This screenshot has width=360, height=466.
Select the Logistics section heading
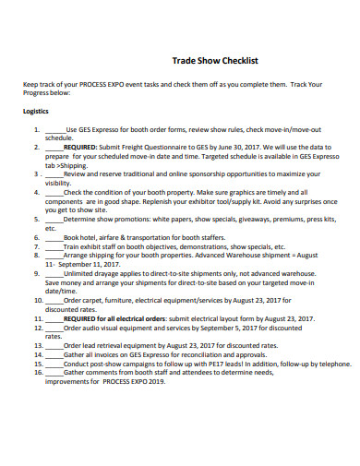click(x=37, y=107)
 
